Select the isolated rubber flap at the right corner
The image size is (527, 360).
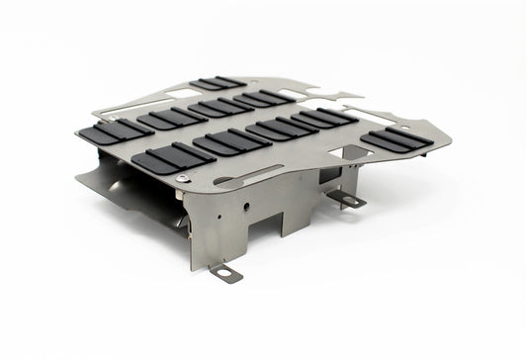(395, 140)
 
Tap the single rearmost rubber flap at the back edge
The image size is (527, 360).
(220, 82)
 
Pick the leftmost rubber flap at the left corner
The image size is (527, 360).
(118, 131)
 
